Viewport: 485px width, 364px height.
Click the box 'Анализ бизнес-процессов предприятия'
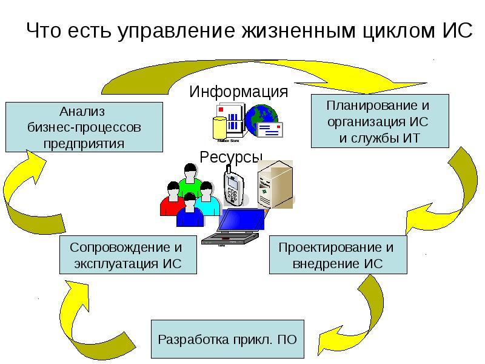pyautogui.click(x=84, y=127)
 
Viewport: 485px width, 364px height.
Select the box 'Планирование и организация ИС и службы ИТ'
pyautogui.click(x=380, y=121)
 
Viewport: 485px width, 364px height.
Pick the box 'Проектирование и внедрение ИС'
pyautogui.click(x=338, y=255)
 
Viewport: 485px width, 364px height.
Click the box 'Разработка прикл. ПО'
pyautogui.click(x=227, y=339)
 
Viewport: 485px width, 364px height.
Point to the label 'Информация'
pyautogui.click(x=238, y=92)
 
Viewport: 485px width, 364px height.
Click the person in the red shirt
pyautogui.click(x=172, y=200)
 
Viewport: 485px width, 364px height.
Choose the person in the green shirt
pyautogui.click(x=189, y=182)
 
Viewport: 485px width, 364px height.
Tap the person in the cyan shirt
pyautogui.click(x=207, y=200)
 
